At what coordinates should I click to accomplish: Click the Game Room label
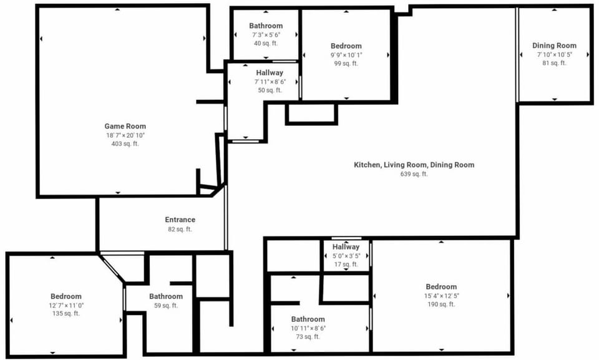pos(125,126)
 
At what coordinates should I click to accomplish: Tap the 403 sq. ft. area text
pos(125,144)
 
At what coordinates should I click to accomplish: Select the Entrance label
pos(180,220)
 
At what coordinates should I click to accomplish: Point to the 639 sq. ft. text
pos(414,174)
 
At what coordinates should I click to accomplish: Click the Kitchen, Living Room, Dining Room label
pos(414,165)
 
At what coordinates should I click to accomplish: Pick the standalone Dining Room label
pos(554,46)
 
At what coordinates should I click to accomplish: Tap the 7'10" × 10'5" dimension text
pos(554,55)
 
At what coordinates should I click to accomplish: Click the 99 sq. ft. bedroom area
pos(346,64)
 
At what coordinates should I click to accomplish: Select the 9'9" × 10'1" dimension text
pos(346,55)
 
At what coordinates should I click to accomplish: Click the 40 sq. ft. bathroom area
pos(266,43)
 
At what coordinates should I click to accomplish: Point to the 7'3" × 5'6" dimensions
pos(266,35)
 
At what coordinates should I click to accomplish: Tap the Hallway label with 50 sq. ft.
pos(270,72)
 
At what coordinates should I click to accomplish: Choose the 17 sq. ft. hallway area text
pos(346,265)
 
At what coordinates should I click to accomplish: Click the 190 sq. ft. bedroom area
pos(441,304)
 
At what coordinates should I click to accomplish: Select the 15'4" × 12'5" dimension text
pos(441,296)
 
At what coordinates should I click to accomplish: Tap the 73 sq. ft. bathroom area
pos(308,337)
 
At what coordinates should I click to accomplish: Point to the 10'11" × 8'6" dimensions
pos(308,328)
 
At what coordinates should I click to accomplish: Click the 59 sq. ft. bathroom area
pos(166,305)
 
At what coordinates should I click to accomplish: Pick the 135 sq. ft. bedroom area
pos(66,313)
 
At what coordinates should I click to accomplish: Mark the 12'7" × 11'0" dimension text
pos(66,305)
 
